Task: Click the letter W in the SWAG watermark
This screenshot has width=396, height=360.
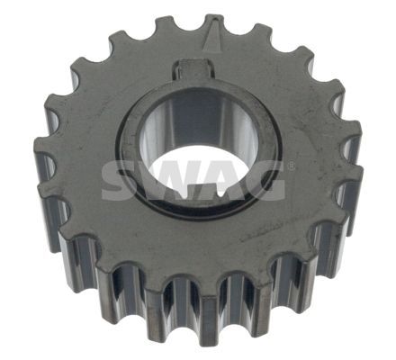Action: [x=165, y=181]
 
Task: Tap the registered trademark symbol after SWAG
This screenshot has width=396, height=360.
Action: [x=290, y=166]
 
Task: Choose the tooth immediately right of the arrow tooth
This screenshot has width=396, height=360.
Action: [x=262, y=38]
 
